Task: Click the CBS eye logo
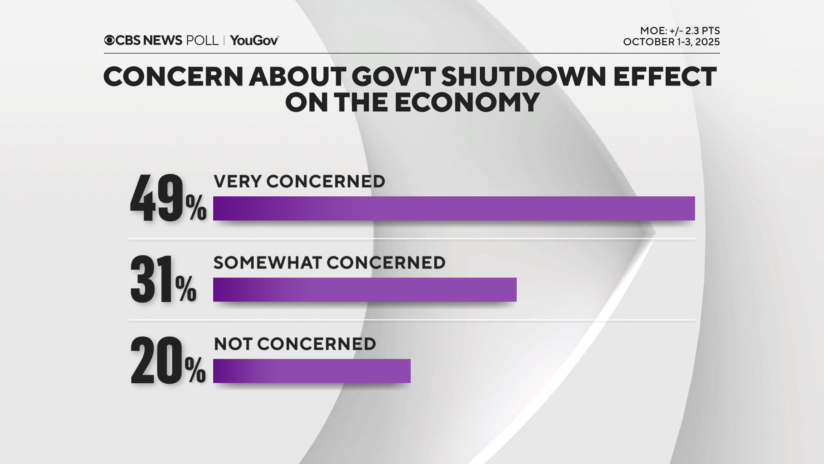click(109, 40)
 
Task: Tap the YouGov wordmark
click(254, 40)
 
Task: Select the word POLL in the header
click(202, 40)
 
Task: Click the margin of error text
click(680, 31)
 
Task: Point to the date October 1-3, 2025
click(671, 42)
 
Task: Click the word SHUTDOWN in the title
click(524, 77)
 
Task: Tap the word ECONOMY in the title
click(467, 103)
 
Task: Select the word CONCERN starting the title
click(173, 77)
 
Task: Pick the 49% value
click(168, 199)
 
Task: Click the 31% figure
click(163, 280)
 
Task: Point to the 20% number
click(168, 361)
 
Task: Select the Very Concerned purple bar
click(454, 208)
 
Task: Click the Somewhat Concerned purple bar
click(365, 290)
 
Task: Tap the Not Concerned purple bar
click(312, 371)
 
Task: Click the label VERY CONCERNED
click(299, 182)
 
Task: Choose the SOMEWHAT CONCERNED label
click(329, 263)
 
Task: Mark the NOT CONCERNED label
click(295, 344)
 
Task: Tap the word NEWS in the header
click(163, 40)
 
